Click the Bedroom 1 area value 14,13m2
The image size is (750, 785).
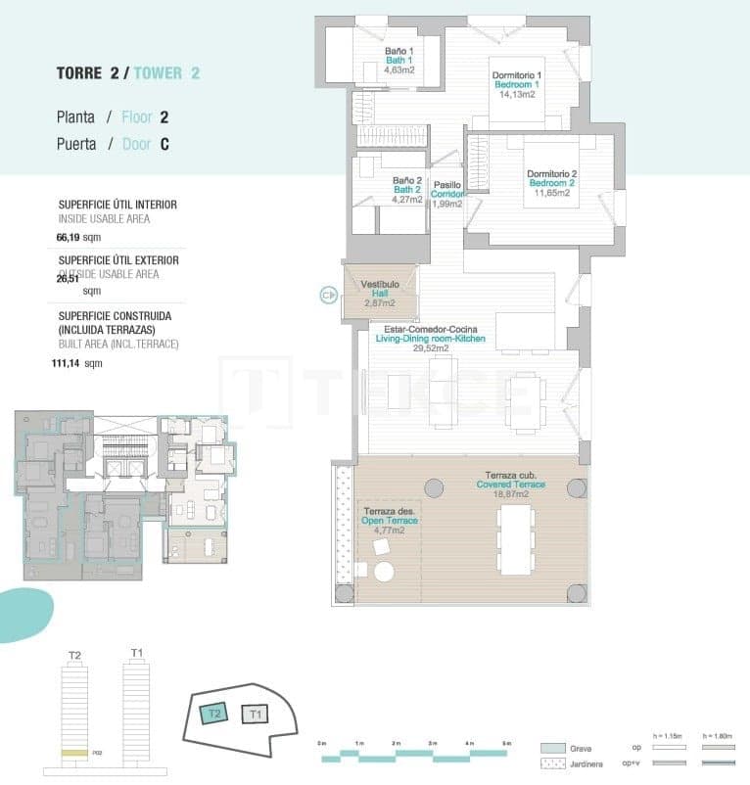tap(518, 95)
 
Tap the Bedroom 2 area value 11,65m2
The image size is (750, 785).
tap(551, 193)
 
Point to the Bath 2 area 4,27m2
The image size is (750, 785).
tap(406, 200)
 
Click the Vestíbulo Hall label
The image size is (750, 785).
tap(380, 290)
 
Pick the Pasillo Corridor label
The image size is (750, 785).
tap(447, 189)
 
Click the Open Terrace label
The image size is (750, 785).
tap(391, 521)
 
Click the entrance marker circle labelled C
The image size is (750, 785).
tap(328, 292)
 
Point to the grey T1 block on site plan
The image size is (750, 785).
tap(255, 715)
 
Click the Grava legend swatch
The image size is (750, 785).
tap(553, 747)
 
